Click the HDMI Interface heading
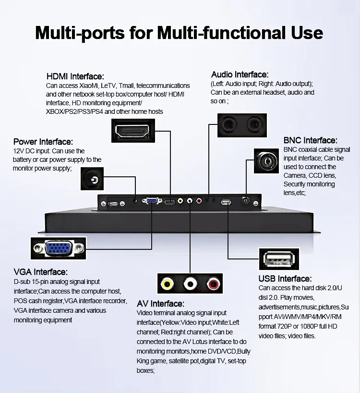[75, 76]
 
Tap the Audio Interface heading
[240, 74]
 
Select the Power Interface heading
[43, 142]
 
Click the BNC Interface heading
[310, 140]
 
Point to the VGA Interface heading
[41, 272]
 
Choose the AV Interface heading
[160, 304]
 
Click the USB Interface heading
[285, 279]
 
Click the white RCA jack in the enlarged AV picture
[191, 284]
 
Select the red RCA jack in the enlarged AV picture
[213, 284]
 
